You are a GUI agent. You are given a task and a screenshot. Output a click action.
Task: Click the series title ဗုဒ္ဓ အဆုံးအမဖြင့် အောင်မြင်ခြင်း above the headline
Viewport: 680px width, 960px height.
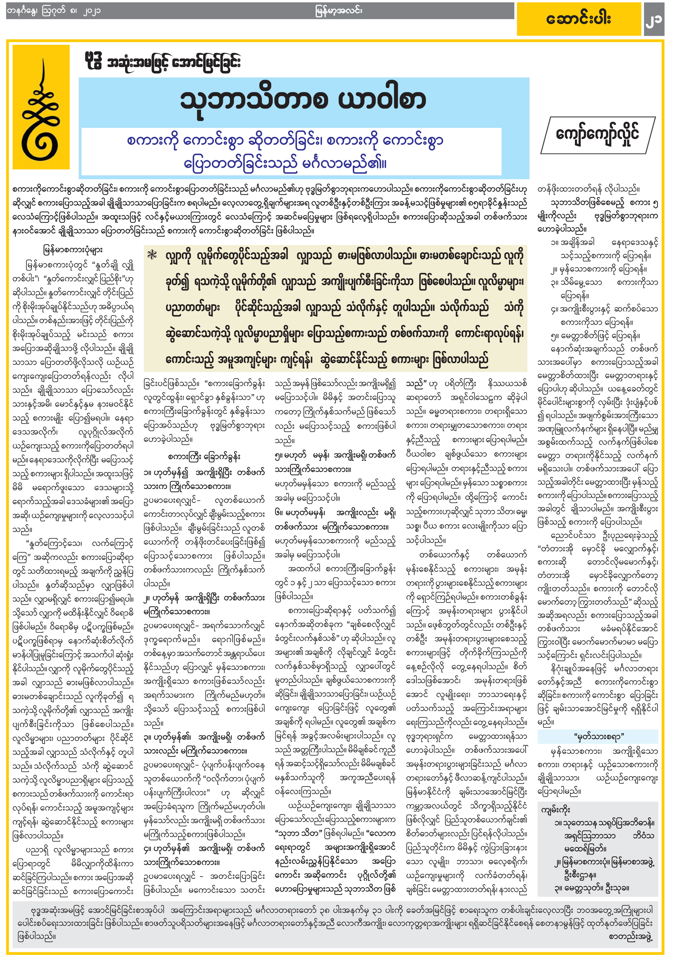162,63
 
